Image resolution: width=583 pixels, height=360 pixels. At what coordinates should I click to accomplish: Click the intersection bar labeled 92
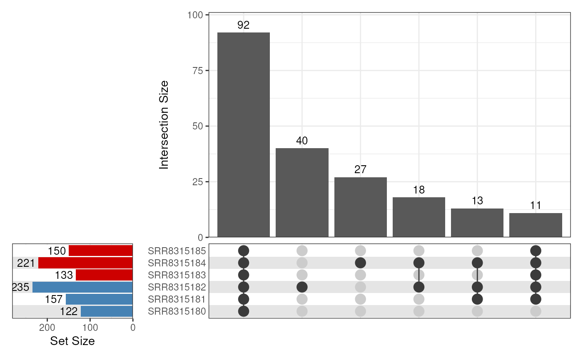click(x=244, y=135)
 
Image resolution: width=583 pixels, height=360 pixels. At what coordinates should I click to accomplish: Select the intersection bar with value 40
click(x=302, y=193)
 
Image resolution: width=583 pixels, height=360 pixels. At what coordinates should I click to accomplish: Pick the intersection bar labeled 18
click(x=419, y=217)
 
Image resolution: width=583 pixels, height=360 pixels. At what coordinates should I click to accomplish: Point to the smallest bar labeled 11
click(x=536, y=225)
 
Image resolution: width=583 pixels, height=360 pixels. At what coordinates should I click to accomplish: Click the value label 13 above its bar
click(x=477, y=201)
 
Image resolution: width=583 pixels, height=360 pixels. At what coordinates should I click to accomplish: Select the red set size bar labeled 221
click(x=85, y=263)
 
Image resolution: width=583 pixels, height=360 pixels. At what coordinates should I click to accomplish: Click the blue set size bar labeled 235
click(x=82, y=287)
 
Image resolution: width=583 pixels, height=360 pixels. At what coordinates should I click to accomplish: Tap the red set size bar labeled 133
click(x=104, y=275)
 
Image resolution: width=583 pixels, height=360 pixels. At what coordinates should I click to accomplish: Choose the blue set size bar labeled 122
click(x=107, y=311)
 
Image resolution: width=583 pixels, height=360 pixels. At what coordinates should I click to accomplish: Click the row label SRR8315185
click(x=177, y=251)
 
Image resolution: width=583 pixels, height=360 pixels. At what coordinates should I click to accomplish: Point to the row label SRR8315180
click(x=177, y=311)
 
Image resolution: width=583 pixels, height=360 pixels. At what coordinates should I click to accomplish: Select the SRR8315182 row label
click(x=177, y=287)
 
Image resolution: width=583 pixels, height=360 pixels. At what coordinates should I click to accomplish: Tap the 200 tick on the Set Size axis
click(x=47, y=328)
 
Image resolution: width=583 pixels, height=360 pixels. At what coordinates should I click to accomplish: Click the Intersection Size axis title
click(x=164, y=125)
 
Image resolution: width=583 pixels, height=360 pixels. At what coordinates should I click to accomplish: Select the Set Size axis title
click(x=72, y=341)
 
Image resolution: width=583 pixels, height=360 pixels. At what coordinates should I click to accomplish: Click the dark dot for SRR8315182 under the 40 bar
click(x=302, y=287)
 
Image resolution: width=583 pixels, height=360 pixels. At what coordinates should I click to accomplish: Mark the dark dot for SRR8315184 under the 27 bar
click(x=360, y=263)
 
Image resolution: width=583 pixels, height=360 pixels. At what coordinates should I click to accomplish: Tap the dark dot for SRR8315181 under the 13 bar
click(x=477, y=299)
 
